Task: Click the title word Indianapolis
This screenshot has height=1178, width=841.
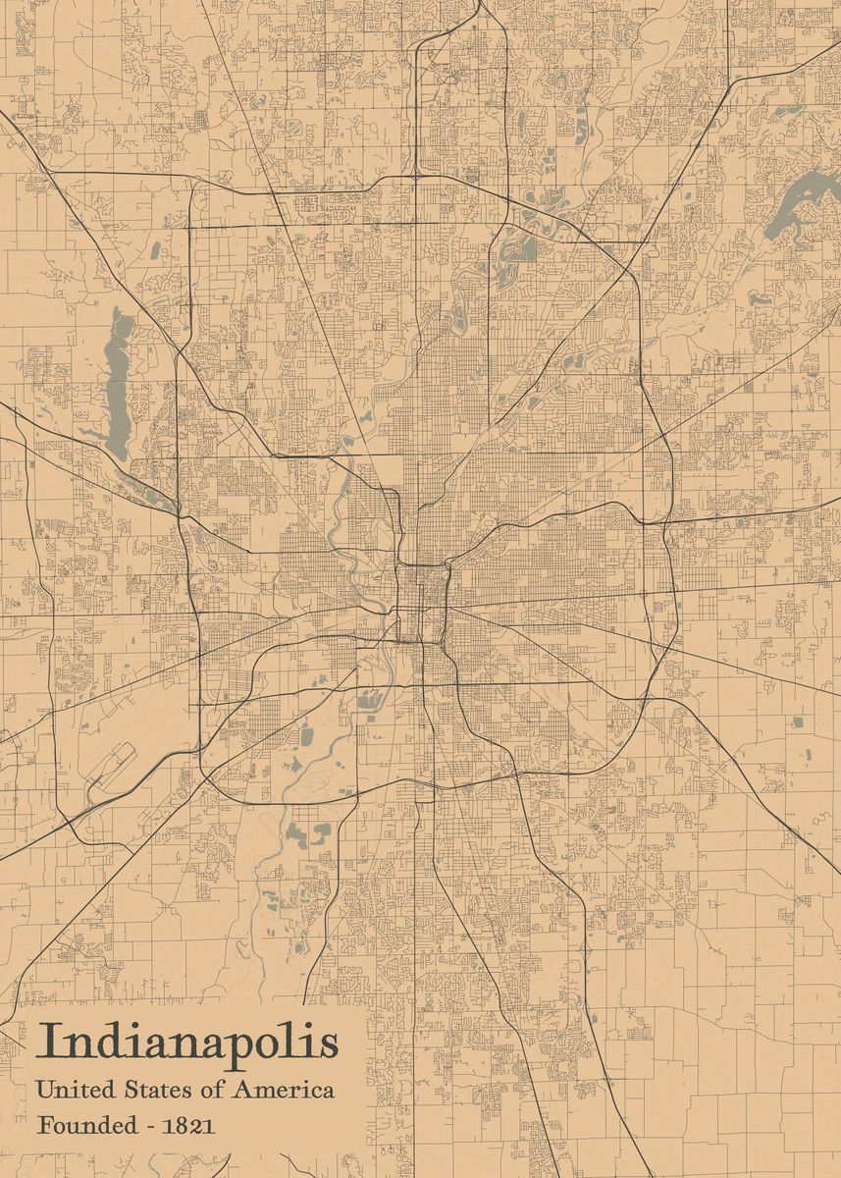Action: [186, 1044]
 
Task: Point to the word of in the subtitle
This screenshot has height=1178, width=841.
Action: [211, 1090]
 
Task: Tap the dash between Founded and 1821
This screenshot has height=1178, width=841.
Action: [153, 1127]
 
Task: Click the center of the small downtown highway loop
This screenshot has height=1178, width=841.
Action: [423, 603]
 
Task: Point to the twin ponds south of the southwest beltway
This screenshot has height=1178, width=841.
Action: [309, 834]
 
